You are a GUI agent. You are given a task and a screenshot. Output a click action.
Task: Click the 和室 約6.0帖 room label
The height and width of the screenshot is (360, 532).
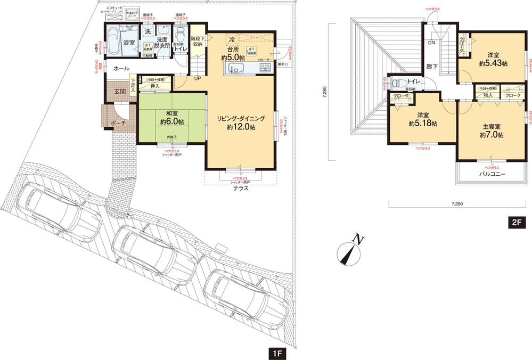(x=171, y=117)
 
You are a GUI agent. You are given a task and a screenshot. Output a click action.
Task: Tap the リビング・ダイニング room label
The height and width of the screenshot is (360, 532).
(x=241, y=123)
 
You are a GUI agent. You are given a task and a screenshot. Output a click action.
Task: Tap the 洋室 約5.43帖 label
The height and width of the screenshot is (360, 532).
(x=493, y=59)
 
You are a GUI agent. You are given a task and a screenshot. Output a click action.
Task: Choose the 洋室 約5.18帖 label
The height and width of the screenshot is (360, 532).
(x=423, y=119)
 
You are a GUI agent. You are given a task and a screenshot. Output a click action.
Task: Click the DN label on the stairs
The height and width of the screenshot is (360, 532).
(x=432, y=43)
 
